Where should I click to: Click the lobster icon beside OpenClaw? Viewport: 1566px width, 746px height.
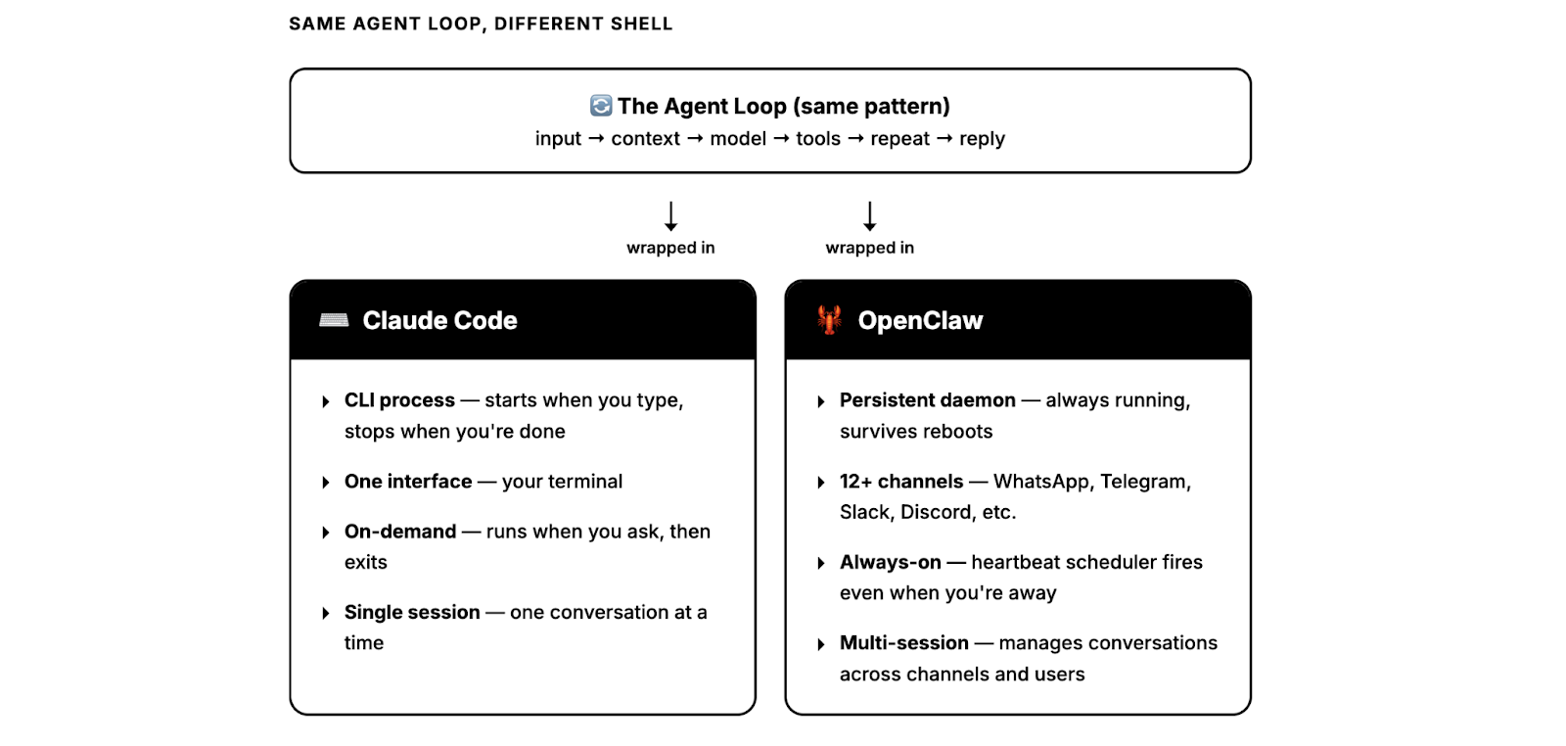(x=829, y=320)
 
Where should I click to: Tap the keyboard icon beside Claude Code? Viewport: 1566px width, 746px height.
(x=334, y=320)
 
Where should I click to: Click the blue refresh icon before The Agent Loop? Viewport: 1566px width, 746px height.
(x=601, y=106)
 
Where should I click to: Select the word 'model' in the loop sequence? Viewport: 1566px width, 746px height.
(x=738, y=139)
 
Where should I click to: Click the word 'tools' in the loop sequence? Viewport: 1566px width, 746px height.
(x=818, y=139)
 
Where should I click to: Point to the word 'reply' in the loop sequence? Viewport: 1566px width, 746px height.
(x=982, y=139)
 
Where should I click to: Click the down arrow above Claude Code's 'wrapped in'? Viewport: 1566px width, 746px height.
(x=670, y=215)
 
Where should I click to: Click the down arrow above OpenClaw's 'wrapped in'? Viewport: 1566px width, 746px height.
(x=869, y=215)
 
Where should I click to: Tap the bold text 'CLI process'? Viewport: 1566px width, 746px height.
(x=399, y=400)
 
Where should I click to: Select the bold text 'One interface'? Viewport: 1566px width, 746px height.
(x=408, y=482)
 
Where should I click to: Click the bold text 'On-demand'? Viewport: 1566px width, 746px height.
(x=400, y=532)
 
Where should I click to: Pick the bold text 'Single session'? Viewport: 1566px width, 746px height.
(x=412, y=613)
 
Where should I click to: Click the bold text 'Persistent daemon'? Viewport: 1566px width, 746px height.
(x=927, y=400)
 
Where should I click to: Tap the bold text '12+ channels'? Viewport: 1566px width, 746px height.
(x=901, y=482)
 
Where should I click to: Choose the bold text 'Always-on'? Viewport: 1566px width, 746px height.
(x=890, y=563)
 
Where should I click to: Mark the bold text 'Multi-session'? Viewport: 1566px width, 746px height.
(x=903, y=643)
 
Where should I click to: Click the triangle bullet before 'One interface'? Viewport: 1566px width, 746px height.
(x=326, y=483)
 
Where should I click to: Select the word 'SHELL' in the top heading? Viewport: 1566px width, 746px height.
(x=641, y=23)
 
